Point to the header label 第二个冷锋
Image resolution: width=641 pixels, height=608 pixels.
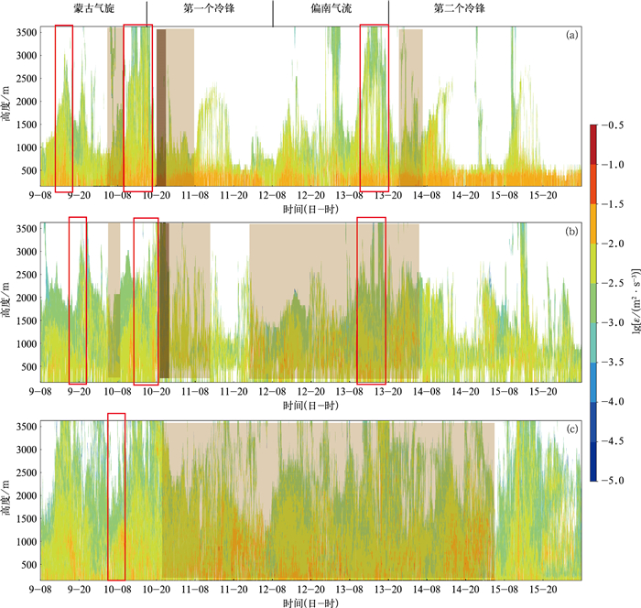(x=459, y=8)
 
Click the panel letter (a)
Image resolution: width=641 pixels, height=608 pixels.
(x=571, y=36)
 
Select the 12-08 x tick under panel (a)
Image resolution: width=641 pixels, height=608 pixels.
(x=271, y=195)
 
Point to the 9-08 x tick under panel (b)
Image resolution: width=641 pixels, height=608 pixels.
(x=40, y=391)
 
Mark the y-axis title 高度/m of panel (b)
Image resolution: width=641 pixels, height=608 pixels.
(x=7, y=302)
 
